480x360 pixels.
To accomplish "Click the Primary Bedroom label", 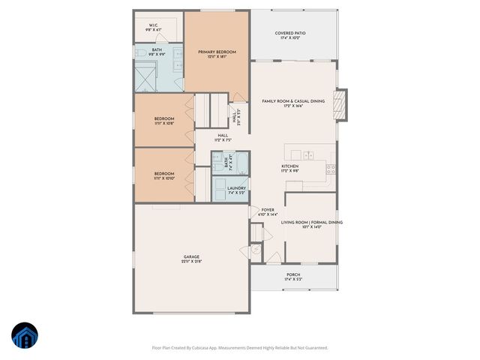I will pos(217,52).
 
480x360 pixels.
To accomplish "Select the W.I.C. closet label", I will pos(153,25).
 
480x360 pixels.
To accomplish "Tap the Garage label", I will pos(192,256).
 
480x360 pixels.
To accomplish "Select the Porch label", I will pos(293,274).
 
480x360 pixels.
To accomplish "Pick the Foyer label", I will pos(268,210).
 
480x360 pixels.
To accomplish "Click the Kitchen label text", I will pos(290,166).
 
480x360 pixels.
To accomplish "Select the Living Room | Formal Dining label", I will pos(311,223).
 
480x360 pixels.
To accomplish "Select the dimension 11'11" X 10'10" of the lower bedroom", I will pos(164,178).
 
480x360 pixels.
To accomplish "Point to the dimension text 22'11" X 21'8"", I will pos(192,262).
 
